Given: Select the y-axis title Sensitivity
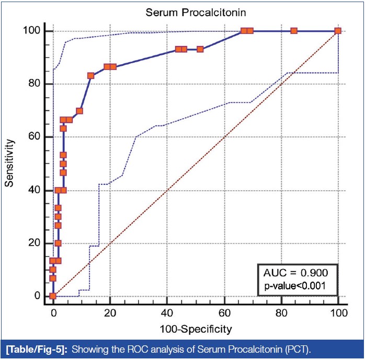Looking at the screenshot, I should (9, 163).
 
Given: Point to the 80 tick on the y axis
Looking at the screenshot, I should (33, 84).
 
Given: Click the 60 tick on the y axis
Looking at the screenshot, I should (33, 137).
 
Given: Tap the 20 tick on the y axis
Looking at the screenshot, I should (33, 243).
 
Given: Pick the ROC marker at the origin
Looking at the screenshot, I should (53, 296).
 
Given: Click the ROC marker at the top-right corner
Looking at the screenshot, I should (338, 31).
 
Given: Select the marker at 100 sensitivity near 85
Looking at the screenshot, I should (294, 31).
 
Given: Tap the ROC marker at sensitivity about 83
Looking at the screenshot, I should (90, 75).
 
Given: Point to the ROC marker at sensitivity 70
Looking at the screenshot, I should (79, 111).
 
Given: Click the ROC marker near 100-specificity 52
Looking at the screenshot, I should (200, 49).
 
